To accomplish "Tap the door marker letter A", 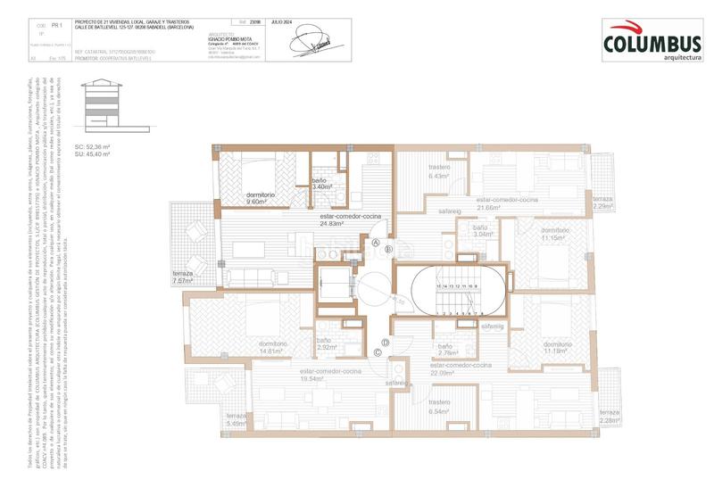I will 376,242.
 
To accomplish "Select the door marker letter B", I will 388,250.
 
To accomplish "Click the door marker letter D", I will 385,342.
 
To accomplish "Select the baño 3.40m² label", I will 322,184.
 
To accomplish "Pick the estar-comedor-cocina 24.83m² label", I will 352,220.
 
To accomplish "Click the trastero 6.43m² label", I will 440,172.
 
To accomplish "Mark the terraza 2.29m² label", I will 603,202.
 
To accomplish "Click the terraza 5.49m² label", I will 237,420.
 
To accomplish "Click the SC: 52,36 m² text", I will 92,146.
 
